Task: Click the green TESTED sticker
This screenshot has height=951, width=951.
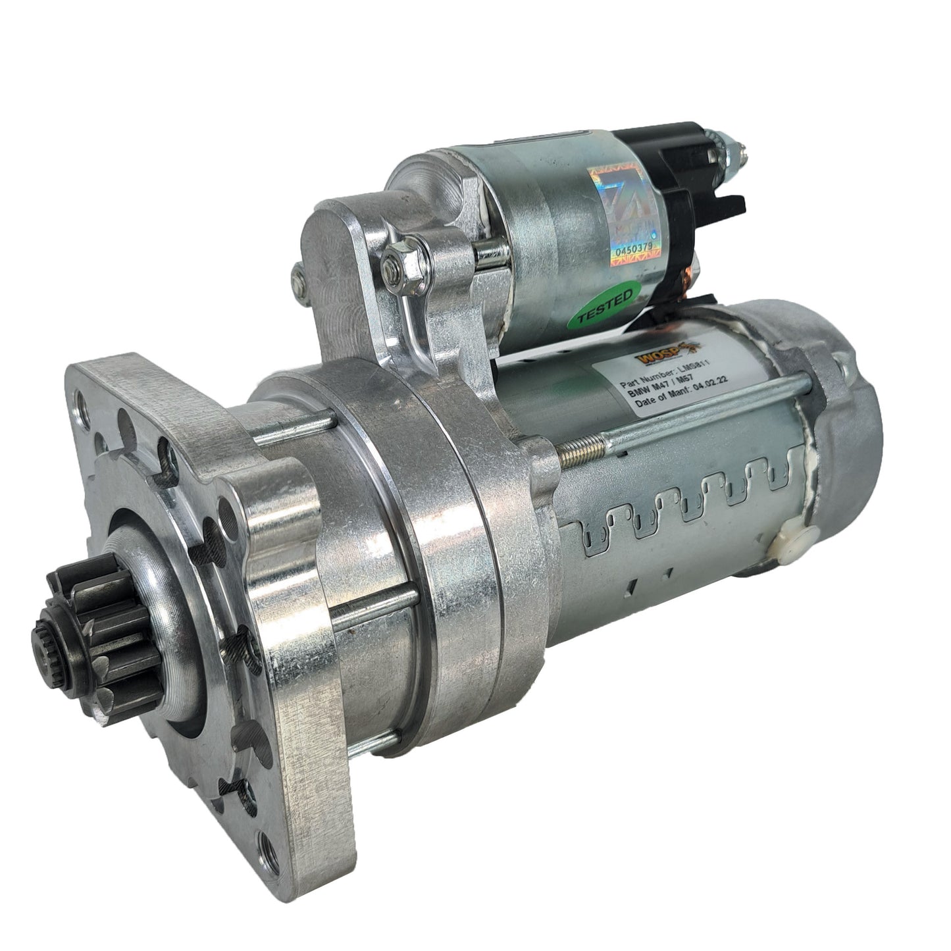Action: click(x=605, y=306)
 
